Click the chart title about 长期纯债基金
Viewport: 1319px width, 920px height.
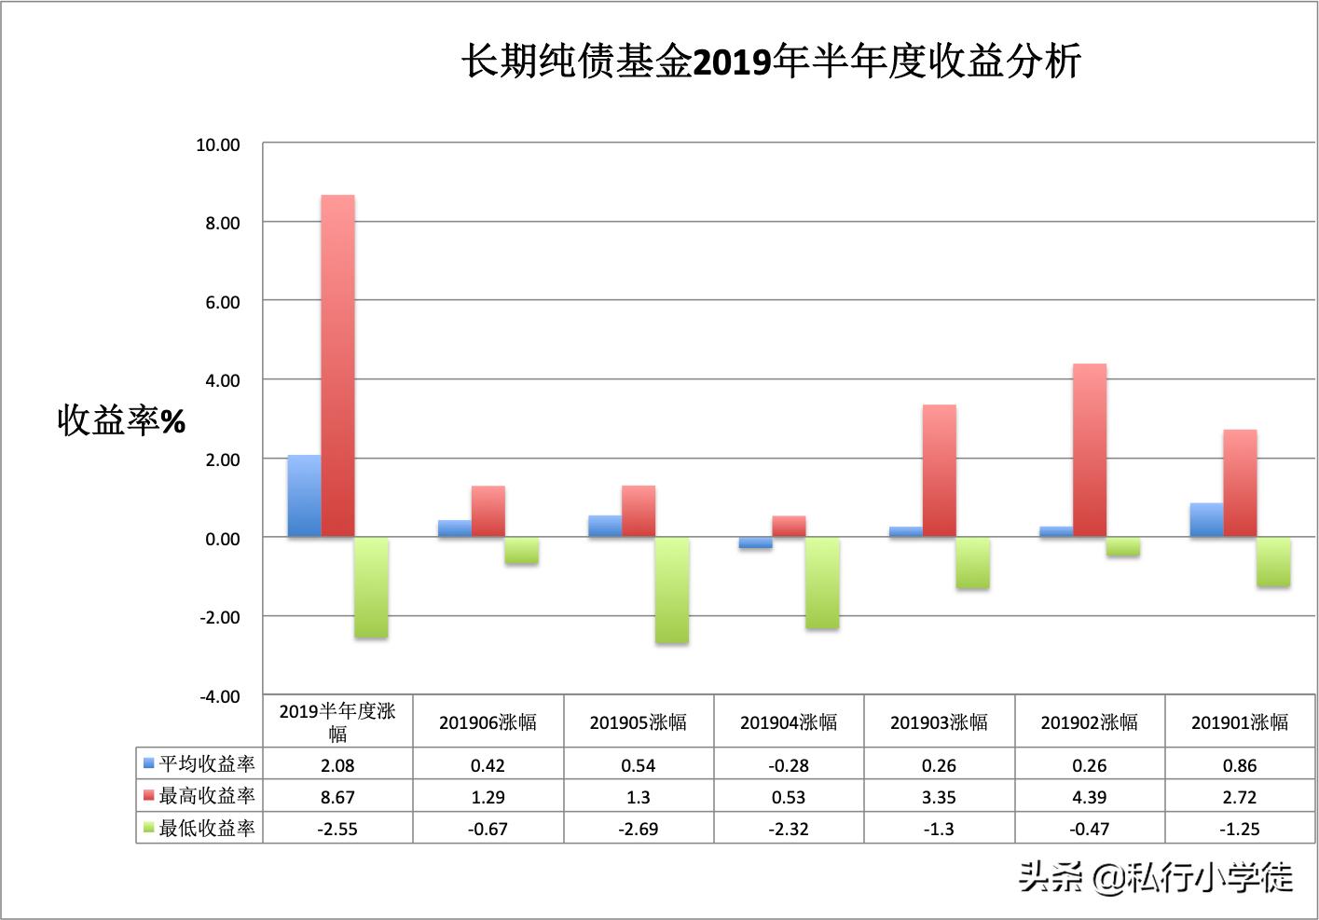(771, 62)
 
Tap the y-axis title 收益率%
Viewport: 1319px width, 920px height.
(121, 421)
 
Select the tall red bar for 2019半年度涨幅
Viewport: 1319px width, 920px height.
(337, 365)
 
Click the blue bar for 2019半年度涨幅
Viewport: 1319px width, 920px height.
(304, 496)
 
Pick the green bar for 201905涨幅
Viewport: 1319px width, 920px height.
(672, 590)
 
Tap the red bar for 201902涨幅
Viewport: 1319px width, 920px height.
(1090, 450)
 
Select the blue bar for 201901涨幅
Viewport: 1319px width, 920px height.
(1206, 520)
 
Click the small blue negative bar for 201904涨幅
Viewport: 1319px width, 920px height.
(755, 543)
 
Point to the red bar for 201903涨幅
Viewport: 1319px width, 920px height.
(939, 471)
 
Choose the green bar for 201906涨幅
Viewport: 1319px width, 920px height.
(522, 551)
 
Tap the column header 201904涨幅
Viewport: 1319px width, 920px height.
(789, 722)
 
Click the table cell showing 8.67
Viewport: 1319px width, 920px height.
(337, 797)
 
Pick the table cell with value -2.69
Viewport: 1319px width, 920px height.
(639, 829)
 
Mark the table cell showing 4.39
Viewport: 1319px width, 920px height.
(1090, 797)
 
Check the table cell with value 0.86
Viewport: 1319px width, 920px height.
(1240, 765)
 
